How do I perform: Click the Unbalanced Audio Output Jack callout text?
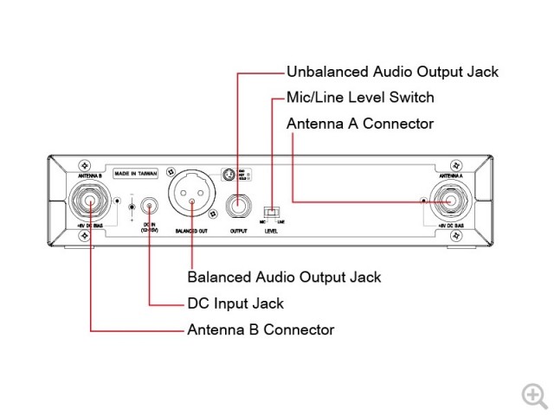pyautogui.click(x=392, y=73)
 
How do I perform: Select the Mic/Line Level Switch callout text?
pyautogui.click(x=359, y=98)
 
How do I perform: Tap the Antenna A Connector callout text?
pyautogui.click(x=359, y=124)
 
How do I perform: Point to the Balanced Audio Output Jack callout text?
pyautogui.click(x=284, y=278)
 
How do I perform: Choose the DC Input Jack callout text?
pyautogui.click(x=235, y=303)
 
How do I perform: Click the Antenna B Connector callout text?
pyautogui.click(x=261, y=329)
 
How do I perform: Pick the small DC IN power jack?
pyautogui.click(x=150, y=207)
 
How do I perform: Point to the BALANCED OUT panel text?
pyautogui.click(x=192, y=232)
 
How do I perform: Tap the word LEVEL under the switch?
pyautogui.click(x=273, y=232)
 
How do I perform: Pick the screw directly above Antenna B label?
pyautogui.click(x=84, y=163)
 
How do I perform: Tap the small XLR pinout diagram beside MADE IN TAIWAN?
pyautogui.click(x=228, y=174)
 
